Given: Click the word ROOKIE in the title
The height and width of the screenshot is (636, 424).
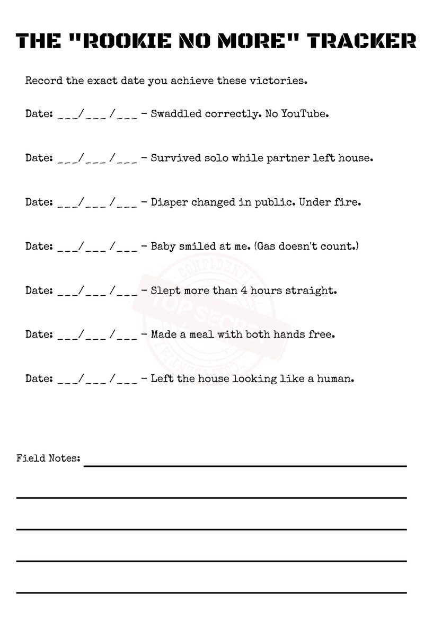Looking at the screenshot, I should [125, 40].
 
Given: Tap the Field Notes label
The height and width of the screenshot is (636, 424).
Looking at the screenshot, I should [48, 458].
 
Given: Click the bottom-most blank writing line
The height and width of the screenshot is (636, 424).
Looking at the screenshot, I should [211, 593].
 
